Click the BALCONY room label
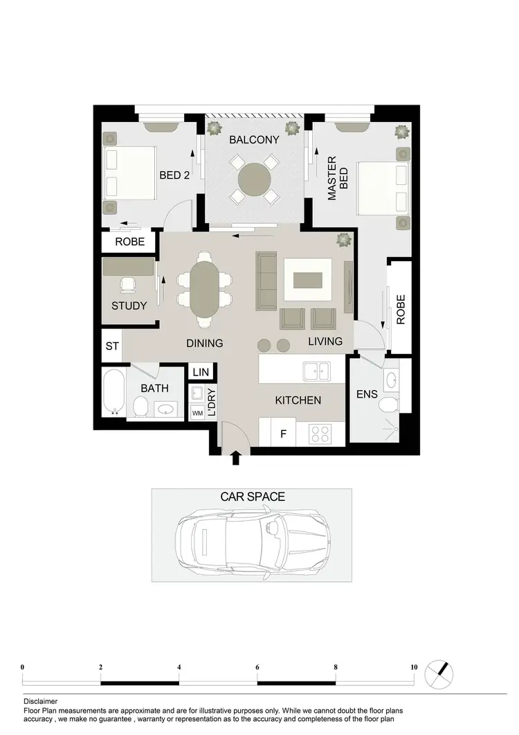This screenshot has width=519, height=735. [255, 140]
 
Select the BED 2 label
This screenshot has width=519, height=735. [174, 175]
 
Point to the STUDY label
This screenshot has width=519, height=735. [129, 305]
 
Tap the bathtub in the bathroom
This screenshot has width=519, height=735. [114, 392]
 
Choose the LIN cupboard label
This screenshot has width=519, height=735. [201, 373]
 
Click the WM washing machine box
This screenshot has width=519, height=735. [198, 414]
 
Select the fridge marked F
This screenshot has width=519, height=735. [284, 435]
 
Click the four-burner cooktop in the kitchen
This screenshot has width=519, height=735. [320, 434]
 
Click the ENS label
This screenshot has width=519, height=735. [366, 394]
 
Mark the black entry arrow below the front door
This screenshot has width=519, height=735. [236, 457]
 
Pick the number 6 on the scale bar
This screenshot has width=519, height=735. [257, 668]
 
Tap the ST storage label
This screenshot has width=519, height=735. [111, 346]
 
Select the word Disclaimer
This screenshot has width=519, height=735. [41, 701]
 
